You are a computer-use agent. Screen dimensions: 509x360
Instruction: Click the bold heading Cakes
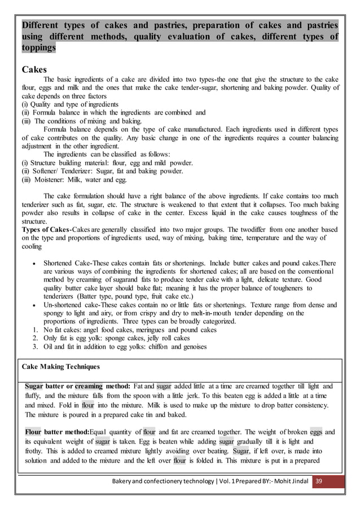(x=35, y=69)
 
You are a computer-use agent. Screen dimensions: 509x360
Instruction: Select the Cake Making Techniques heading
(x=60, y=366)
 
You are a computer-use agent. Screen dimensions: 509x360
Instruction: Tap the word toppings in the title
(x=38, y=48)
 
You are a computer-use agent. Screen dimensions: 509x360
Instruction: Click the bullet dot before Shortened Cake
(x=36, y=263)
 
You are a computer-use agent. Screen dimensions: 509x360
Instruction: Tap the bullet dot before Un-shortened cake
(x=36, y=305)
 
